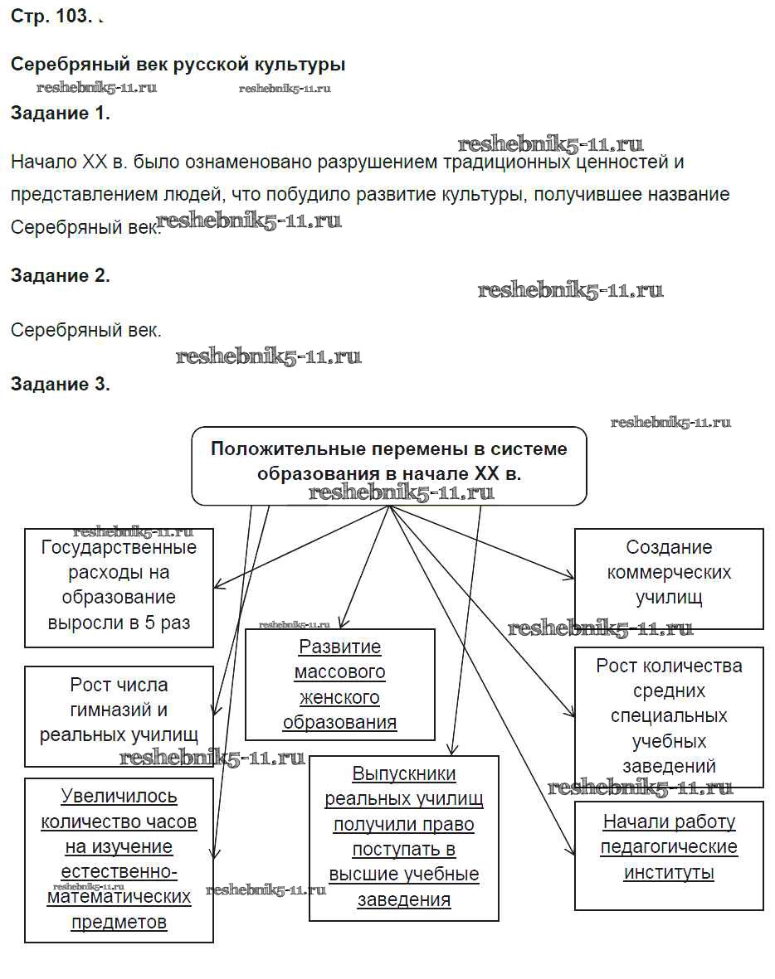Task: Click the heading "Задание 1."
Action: tap(60, 114)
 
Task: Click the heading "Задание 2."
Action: tap(60, 276)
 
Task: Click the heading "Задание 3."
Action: tap(60, 384)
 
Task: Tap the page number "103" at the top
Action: tap(71, 17)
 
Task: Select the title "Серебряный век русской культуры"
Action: tap(178, 65)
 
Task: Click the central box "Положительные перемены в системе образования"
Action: tap(389, 461)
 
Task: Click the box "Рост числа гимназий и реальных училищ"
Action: tap(119, 710)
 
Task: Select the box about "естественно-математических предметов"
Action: tap(119, 859)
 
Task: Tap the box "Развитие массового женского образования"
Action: tap(339, 685)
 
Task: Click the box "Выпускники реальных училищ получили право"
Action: tap(403, 837)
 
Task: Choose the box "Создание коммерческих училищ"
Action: tap(669, 573)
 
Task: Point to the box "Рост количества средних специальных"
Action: tap(669, 715)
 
